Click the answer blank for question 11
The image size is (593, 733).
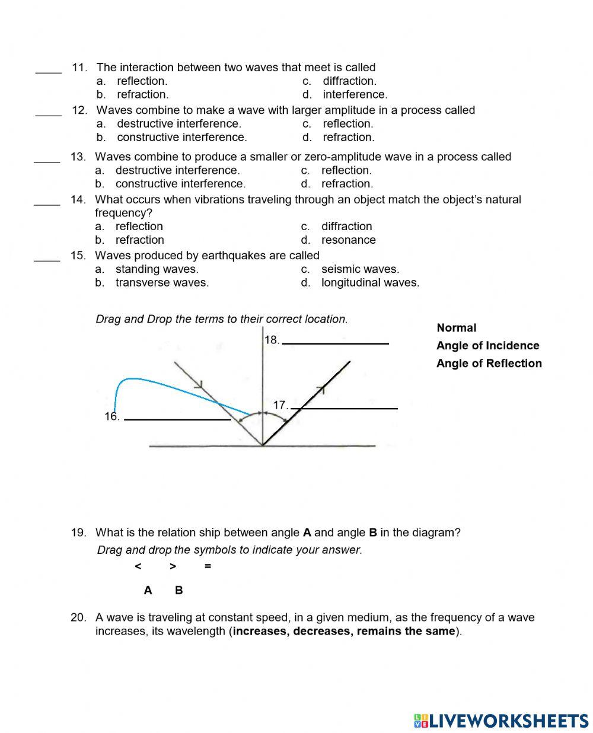[x=48, y=71]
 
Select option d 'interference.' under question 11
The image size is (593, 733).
[x=355, y=94]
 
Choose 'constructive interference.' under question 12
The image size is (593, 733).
[x=181, y=137]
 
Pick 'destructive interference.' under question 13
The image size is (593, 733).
[x=177, y=170]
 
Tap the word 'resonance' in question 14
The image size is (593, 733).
[x=348, y=240]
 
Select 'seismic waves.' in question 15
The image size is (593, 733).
[x=360, y=269]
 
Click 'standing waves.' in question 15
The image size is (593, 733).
[x=157, y=269]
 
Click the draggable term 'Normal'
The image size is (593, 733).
[x=456, y=328]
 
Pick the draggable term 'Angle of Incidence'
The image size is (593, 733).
[x=487, y=346]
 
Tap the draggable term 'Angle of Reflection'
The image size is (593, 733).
[x=489, y=364]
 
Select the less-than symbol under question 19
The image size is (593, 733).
[x=138, y=566]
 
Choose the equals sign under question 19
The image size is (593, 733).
[x=208, y=566]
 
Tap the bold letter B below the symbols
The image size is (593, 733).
[x=179, y=591]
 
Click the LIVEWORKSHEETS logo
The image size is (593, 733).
[x=501, y=720]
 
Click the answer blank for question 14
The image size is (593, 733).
[x=47, y=203]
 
